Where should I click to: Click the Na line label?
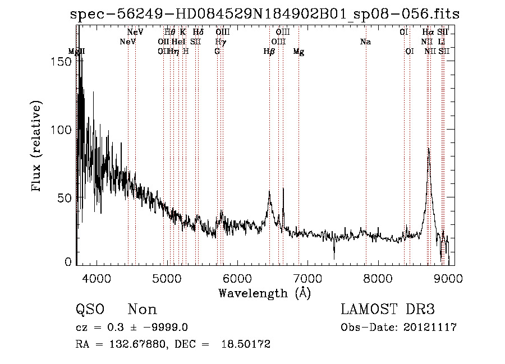point(365,42)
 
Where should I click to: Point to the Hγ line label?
point(221,42)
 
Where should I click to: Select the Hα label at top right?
point(428,33)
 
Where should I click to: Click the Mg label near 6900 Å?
point(299,52)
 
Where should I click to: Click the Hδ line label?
point(198,33)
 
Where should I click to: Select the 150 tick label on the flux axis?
point(63,61)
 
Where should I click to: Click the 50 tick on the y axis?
point(66,198)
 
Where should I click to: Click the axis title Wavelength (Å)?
point(264,293)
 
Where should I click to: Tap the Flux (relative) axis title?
point(38,147)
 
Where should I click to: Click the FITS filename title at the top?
point(265,15)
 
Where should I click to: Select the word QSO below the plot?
point(89,310)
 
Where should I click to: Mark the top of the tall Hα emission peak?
point(429,149)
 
